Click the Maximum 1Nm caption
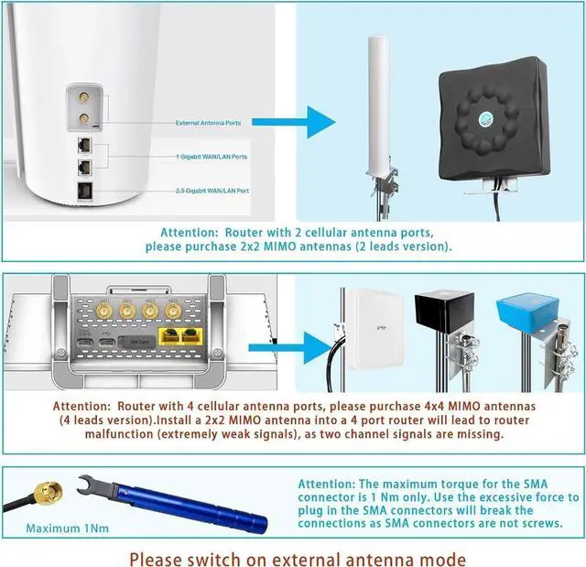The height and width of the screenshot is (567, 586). [66, 529]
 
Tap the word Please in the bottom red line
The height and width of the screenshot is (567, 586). [156, 557]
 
